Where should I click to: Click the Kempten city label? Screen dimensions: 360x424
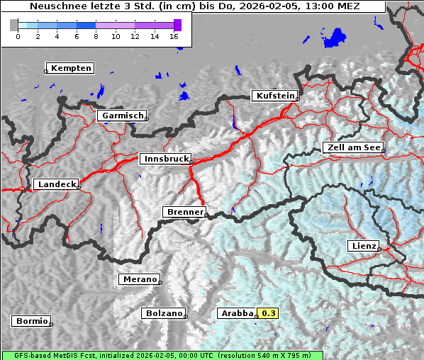click(71, 68)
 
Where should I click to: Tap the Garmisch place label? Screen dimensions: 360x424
click(123, 116)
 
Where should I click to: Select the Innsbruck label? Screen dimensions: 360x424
click(165, 159)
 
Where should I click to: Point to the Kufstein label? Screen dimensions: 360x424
click(274, 96)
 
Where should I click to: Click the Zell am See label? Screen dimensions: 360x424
click(353, 147)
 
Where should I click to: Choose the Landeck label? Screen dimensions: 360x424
click(56, 184)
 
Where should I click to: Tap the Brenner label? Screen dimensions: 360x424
click(184, 212)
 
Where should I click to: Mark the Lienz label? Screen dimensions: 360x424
click(364, 246)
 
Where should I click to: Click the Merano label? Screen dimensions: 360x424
click(139, 279)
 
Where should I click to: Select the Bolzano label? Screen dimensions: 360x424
click(164, 313)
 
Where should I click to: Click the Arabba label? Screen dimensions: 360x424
click(236, 313)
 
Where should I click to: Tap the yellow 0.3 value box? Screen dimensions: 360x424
click(269, 313)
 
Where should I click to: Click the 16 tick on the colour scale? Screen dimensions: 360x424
click(174, 35)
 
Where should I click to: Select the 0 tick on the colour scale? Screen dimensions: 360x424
click(18, 35)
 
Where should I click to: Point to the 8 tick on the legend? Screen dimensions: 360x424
click(96, 35)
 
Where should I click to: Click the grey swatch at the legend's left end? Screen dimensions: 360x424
click(14, 25)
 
